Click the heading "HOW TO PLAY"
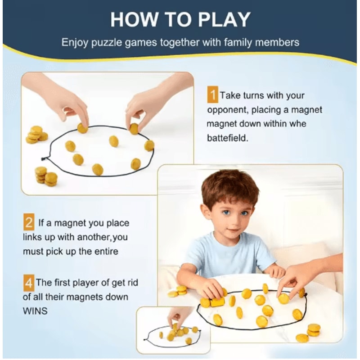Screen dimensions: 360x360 pyautogui.click(x=180, y=20)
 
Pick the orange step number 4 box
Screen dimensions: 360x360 pyautogui.click(x=28, y=283)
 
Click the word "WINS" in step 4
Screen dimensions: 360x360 pyautogui.click(x=35, y=311)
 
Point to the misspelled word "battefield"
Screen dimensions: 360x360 pyautogui.click(x=227, y=138)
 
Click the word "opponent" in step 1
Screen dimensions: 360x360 pyautogui.click(x=225, y=110)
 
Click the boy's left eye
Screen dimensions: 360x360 pyautogui.click(x=244, y=213)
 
